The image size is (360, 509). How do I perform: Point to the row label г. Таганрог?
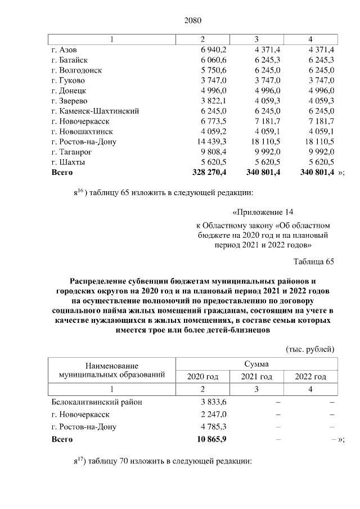[x=71, y=151]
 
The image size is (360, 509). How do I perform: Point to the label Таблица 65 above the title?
[x=314, y=262]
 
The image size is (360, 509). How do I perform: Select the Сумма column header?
[x=256, y=364]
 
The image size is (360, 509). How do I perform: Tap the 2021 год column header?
[x=256, y=376]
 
